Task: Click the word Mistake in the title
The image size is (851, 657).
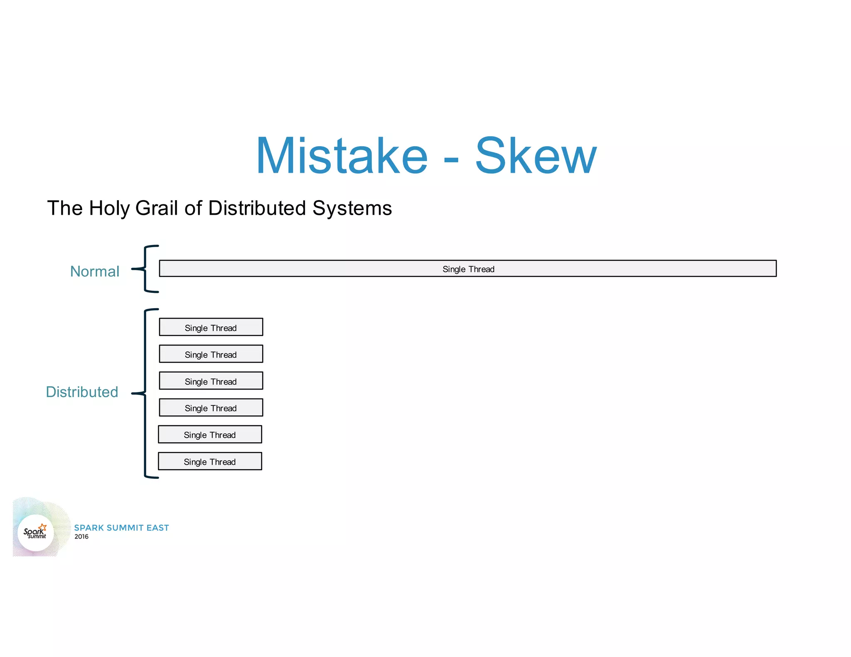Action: click(342, 156)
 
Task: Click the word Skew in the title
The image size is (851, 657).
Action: click(536, 156)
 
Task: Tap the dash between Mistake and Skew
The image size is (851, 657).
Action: click(451, 159)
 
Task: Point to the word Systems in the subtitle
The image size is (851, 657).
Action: click(352, 208)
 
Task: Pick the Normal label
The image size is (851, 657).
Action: click(95, 271)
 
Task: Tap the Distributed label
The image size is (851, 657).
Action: click(82, 392)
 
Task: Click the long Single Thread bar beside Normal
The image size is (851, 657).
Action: click(468, 269)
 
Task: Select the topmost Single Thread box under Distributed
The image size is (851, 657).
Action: click(211, 327)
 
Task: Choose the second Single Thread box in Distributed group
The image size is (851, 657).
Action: click(211, 354)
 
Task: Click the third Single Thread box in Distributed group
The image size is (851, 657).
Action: click(211, 381)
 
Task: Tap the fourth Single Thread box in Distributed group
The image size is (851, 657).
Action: click(211, 408)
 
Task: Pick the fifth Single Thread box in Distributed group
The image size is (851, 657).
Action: click(210, 434)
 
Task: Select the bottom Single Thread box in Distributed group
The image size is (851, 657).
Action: click(210, 461)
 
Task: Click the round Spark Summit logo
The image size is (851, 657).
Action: click(36, 532)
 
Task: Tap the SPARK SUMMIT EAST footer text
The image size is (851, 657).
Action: click(121, 528)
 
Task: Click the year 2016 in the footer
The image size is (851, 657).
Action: click(81, 537)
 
